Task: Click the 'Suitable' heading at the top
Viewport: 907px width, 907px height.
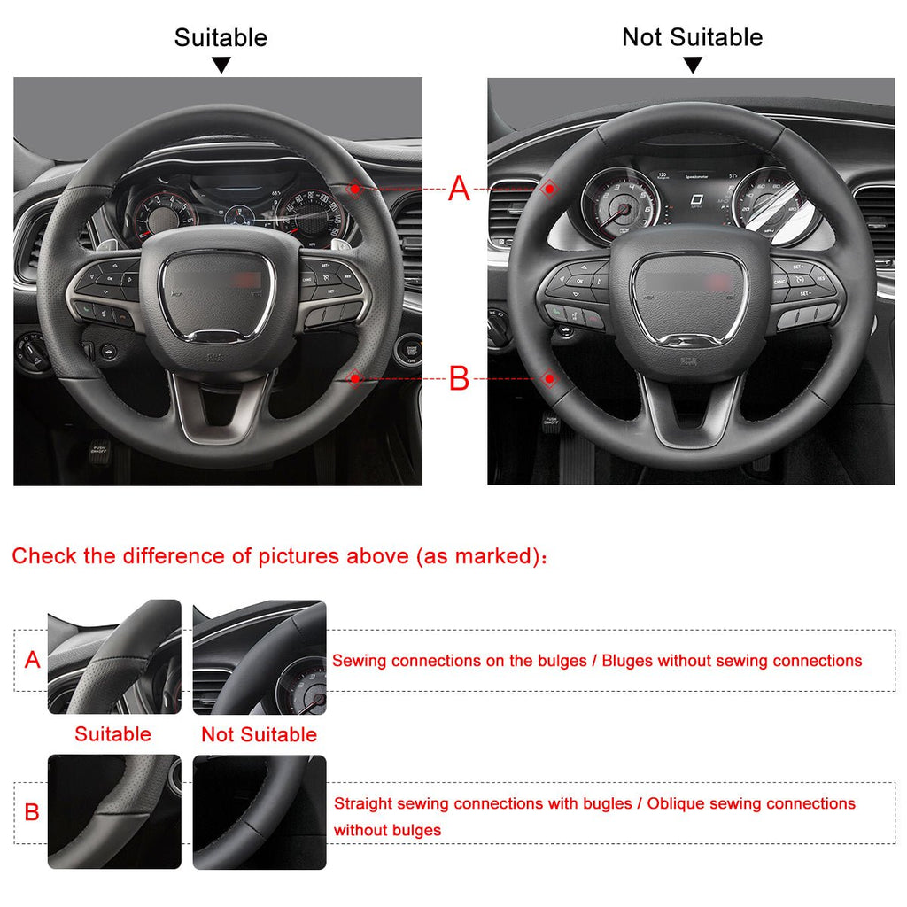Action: [221, 38]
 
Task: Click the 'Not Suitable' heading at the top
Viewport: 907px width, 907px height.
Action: [692, 37]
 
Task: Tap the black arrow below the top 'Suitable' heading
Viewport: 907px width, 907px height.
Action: [221, 65]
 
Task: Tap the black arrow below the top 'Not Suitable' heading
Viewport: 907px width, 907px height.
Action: [693, 65]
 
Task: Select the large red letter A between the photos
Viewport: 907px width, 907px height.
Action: [459, 189]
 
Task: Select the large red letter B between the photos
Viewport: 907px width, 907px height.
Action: [459, 379]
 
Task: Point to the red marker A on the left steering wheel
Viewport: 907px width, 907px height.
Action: [355, 189]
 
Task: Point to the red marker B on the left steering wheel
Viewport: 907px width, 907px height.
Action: [355, 378]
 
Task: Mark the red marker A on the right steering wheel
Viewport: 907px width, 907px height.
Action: [549, 189]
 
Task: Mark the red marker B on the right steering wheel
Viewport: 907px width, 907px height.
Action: [549, 379]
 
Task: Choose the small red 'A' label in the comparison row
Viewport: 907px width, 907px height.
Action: [33, 660]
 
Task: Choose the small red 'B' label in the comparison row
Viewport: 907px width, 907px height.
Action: [32, 812]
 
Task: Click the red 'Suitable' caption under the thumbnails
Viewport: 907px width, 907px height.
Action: [112, 734]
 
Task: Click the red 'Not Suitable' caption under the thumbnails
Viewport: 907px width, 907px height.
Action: [259, 734]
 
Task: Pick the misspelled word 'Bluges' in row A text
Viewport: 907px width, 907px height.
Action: [627, 661]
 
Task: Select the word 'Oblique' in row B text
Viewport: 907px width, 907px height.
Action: [676, 803]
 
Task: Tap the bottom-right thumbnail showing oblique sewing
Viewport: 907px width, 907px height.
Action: [260, 811]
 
